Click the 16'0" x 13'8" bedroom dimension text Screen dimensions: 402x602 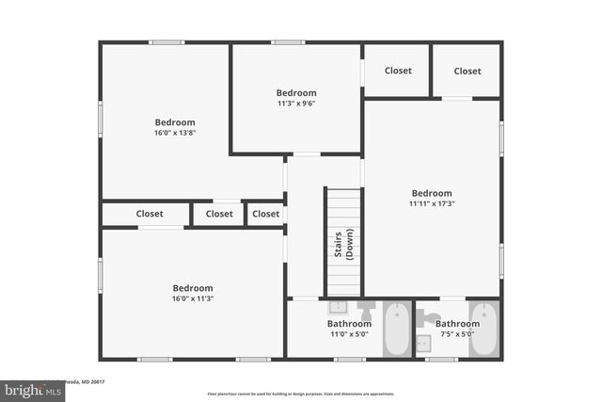click(x=175, y=133)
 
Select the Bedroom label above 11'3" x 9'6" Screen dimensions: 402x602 click(x=296, y=92)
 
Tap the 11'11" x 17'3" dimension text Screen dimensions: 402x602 click(x=432, y=203)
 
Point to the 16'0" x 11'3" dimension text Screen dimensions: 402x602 click(x=192, y=298)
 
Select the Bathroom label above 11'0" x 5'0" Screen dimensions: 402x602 click(x=349, y=323)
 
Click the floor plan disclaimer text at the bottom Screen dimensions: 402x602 click(x=300, y=394)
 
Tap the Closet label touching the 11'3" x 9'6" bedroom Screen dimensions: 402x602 click(x=398, y=71)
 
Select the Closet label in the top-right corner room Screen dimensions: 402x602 click(x=467, y=71)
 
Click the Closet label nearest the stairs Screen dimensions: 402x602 click(x=266, y=214)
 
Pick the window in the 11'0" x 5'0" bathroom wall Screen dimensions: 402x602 click(x=350, y=359)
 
